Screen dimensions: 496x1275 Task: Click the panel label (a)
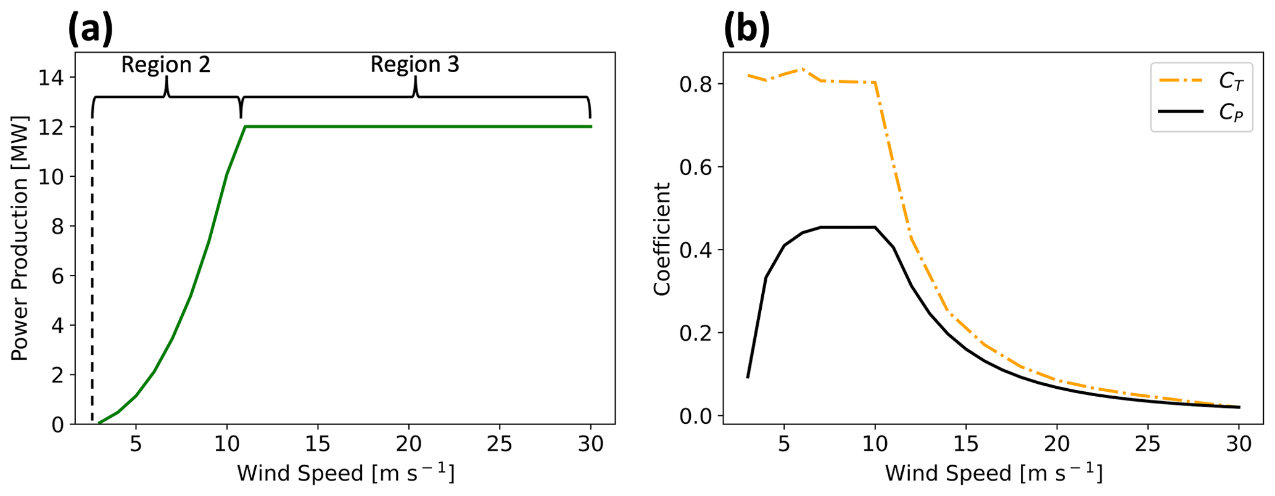pyautogui.click(x=90, y=29)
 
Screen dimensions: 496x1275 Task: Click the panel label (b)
pyautogui.click(x=746, y=29)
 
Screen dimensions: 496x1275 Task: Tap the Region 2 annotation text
pyautogui.click(x=165, y=65)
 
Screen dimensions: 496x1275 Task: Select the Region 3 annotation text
pyautogui.click(x=415, y=65)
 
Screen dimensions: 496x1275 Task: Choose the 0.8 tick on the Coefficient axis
pyautogui.click(x=693, y=84)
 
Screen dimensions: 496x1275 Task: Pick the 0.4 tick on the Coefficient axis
pyautogui.click(x=693, y=250)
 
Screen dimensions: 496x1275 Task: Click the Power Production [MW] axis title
pyautogui.click(x=20, y=238)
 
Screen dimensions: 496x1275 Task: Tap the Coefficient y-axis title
pyautogui.click(x=662, y=239)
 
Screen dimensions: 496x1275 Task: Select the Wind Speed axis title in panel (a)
pyautogui.click(x=345, y=474)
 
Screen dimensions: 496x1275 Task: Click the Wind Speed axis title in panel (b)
pyautogui.click(x=993, y=474)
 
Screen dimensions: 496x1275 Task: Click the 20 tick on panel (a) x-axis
pyautogui.click(x=409, y=444)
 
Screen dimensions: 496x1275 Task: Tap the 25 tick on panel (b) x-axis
pyautogui.click(x=1148, y=444)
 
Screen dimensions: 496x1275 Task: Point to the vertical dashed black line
pyautogui.click(x=92, y=277)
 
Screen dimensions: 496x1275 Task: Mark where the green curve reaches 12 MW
pyautogui.click(x=246, y=127)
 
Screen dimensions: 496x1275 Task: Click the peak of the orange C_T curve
pyautogui.click(x=802, y=69)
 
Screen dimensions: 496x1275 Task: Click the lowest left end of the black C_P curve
pyautogui.click(x=748, y=377)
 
